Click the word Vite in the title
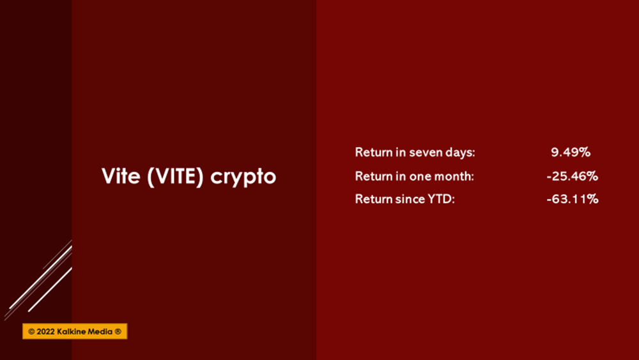pos(121,176)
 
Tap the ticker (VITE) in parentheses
pos(175,176)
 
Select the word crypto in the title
pos(243,178)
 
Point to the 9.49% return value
pos(571,152)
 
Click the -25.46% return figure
pos(572,176)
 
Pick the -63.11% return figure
pos(572,199)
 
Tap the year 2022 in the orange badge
pos(45,331)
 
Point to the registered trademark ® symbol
pos(118,331)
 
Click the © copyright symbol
pos(31,331)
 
